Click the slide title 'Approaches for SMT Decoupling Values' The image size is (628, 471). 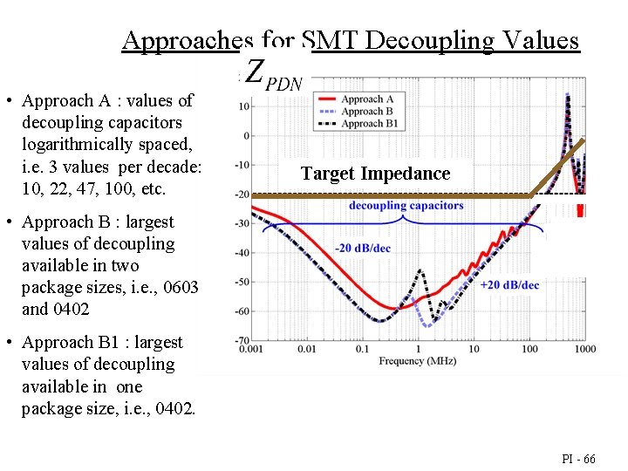(x=351, y=40)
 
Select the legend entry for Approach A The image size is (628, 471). (x=367, y=99)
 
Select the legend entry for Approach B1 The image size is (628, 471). (x=370, y=124)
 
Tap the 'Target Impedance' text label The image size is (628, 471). (x=376, y=174)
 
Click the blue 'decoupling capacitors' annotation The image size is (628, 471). (x=406, y=206)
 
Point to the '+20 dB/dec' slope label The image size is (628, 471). (x=509, y=285)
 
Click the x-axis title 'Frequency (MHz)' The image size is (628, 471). (x=418, y=361)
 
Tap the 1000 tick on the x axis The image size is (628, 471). (x=584, y=350)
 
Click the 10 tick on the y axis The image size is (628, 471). (x=245, y=106)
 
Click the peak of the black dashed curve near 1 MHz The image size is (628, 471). (x=421, y=270)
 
